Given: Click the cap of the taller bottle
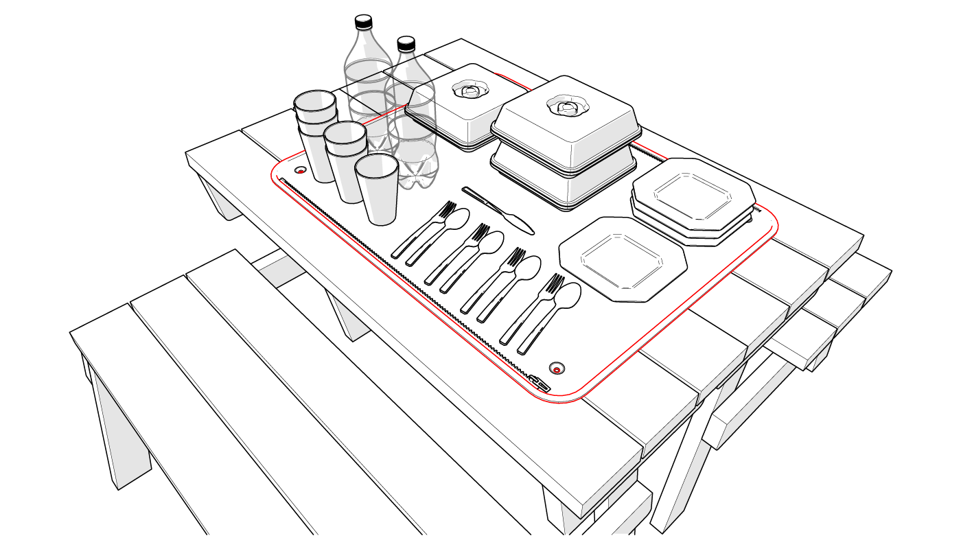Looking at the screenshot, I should click(363, 22).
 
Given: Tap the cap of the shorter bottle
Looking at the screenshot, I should click(406, 45).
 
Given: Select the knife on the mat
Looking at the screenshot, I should click(498, 210).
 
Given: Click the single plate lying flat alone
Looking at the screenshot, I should click(623, 258).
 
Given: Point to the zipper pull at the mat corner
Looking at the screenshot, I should click(540, 382).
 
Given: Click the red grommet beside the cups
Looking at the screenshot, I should click(300, 170).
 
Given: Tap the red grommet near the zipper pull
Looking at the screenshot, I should click(556, 369).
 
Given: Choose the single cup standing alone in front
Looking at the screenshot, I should click(378, 189).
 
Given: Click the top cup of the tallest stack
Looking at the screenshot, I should click(315, 103).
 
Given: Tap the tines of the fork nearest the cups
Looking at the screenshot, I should click(447, 208).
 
